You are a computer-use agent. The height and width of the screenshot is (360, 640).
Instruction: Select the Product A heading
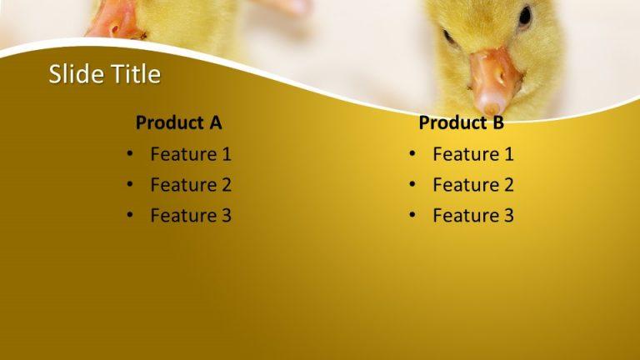pyautogui.click(x=178, y=123)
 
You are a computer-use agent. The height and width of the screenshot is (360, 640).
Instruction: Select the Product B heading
pyautogui.click(x=461, y=123)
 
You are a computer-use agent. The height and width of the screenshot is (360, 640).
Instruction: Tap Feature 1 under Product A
pyautogui.click(x=191, y=154)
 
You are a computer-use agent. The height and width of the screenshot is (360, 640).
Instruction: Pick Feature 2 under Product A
pyautogui.click(x=191, y=185)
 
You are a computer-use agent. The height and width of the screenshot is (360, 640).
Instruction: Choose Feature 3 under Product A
pyautogui.click(x=191, y=216)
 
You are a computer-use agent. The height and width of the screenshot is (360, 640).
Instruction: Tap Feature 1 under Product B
pyautogui.click(x=473, y=154)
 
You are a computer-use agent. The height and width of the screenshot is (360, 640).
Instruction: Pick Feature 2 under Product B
pyautogui.click(x=473, y=185)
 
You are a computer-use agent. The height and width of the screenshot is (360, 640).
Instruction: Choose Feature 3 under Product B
pyautogui.click(x=473, y=216)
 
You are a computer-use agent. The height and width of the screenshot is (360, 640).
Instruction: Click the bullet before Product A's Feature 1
pyautogui.click(x=130, y=154)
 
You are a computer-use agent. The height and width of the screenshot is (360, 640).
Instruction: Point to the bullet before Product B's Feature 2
pyautogui.click(x=412, y=185)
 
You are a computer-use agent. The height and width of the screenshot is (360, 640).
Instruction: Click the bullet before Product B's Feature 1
pyautogui.click(x=412, y=154)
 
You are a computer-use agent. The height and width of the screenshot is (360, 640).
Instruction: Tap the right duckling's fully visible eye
pyautogui.click(x=525, y=15)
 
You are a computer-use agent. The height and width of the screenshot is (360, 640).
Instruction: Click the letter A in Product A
pyautogui.click(x=215, y=123)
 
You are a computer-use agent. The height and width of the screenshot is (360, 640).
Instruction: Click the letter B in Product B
pyautogui.click(x=497, y=123)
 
